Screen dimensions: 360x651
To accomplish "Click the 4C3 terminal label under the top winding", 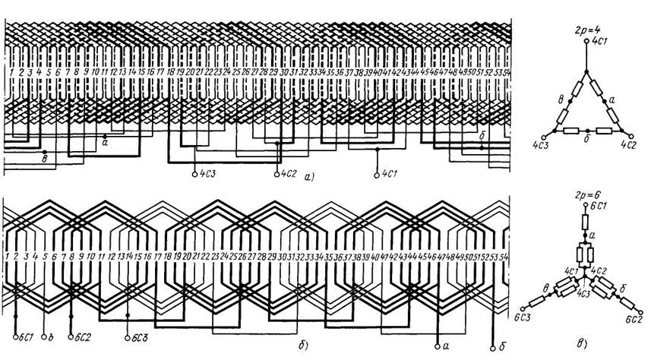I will (x=206, y=174).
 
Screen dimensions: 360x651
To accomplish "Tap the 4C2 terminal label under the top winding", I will (x=287, y=174).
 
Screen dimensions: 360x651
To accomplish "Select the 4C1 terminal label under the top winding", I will (x=387, y=174).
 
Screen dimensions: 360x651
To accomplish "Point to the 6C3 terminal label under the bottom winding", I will (x=140, y=335).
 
